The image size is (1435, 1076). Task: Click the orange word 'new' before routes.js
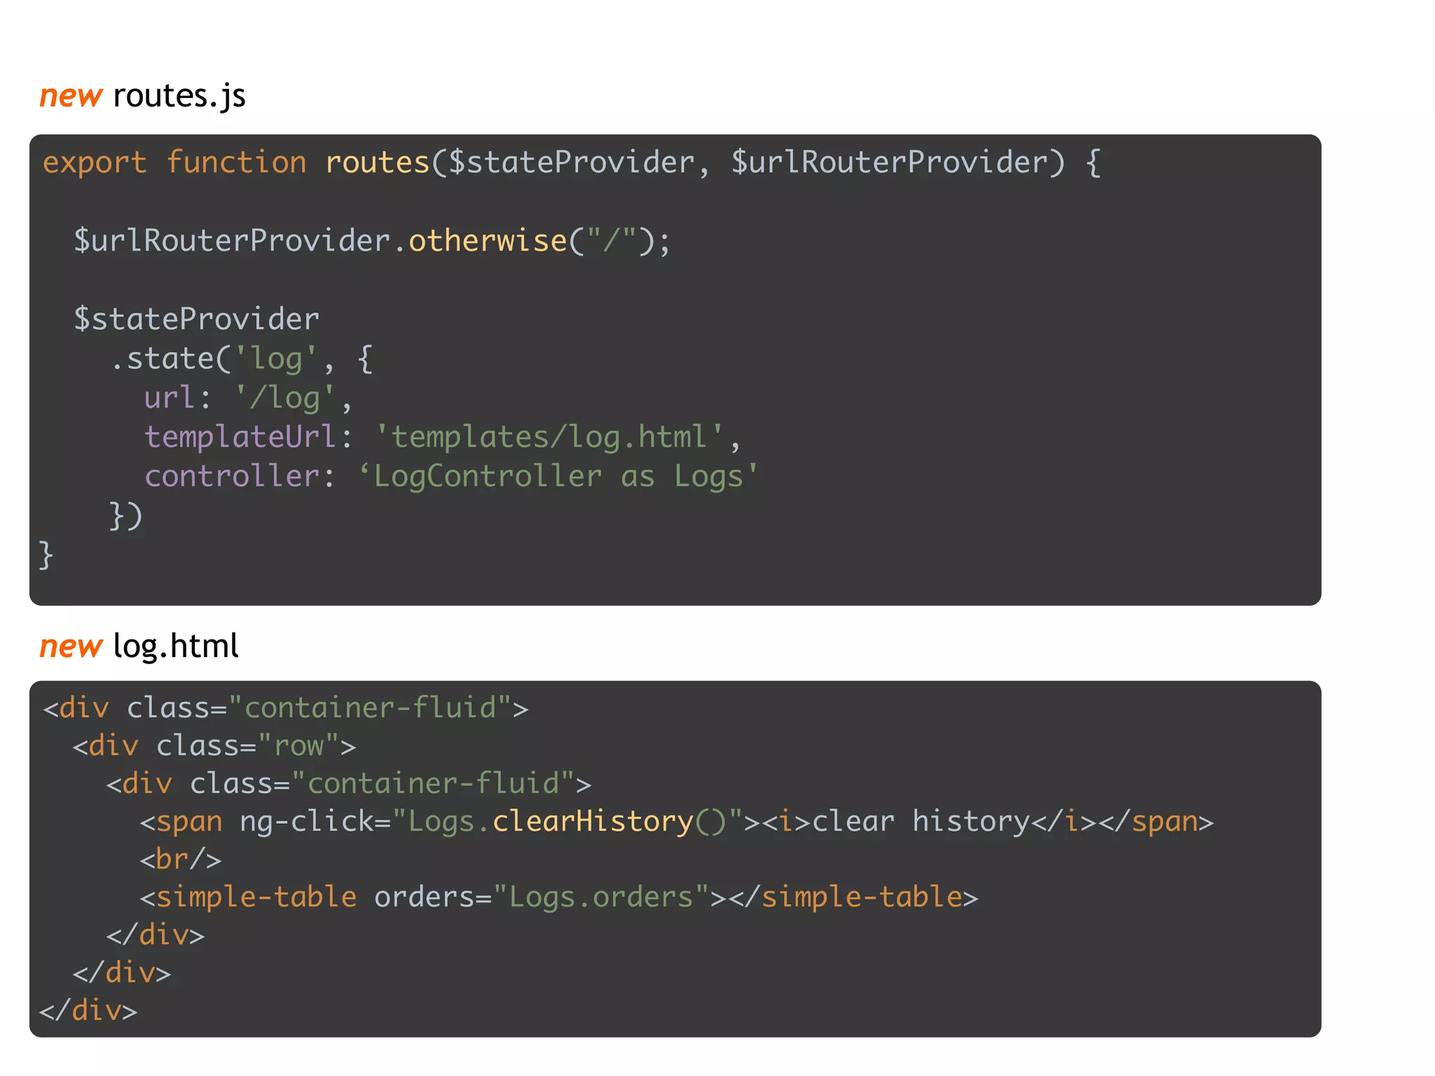click(71, 96)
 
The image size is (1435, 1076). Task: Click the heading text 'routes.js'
click(179, 96)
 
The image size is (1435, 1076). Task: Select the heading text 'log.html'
click(175, 646)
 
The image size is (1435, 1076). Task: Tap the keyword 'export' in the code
click(95, 163)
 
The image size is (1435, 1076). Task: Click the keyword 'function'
click(236, 163)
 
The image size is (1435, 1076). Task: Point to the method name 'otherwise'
click(488, 241)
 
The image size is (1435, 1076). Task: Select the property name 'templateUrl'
click(240, 437)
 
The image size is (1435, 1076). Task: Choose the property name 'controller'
click(232, 476)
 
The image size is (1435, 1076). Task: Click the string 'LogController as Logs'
click(558, 476)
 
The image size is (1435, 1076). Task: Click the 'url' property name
click(169, 398)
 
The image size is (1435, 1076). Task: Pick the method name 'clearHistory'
click(593, 822)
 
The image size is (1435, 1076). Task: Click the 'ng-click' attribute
click(306, 822)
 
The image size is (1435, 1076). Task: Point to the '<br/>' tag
click(180, 860)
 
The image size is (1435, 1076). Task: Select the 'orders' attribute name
click(424, 897)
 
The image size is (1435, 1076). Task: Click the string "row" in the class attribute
click(299, 746)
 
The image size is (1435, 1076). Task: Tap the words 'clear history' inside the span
click(920, 822)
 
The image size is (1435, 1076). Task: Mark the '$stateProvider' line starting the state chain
click(197, 319)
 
